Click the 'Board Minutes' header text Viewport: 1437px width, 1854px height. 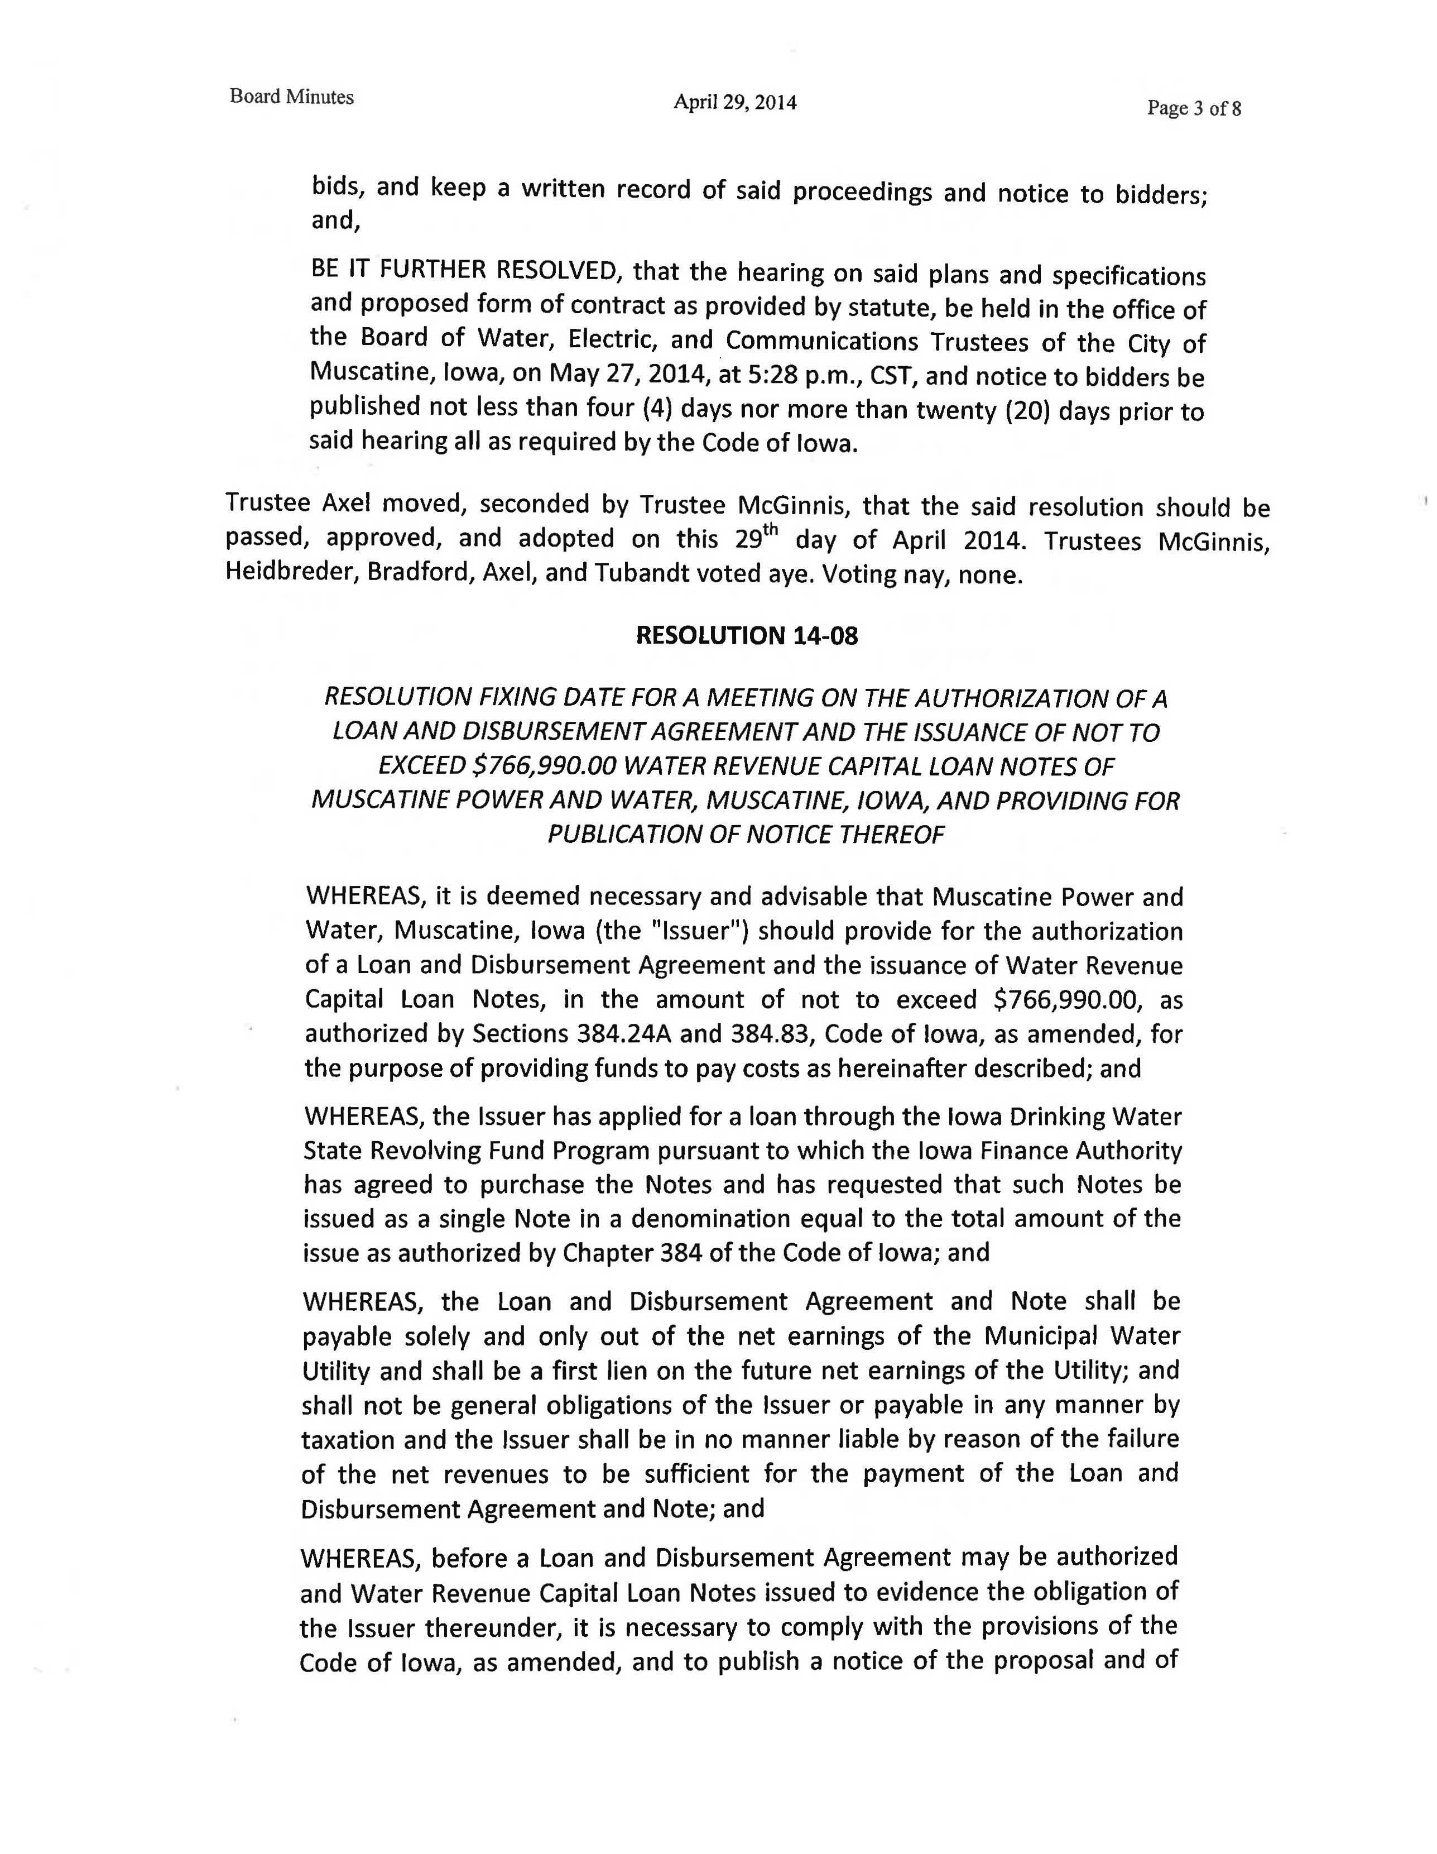coord(291,97)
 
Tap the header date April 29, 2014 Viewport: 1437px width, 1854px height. coord(734,103)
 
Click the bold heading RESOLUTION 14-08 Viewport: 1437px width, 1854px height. coord(747,636)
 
